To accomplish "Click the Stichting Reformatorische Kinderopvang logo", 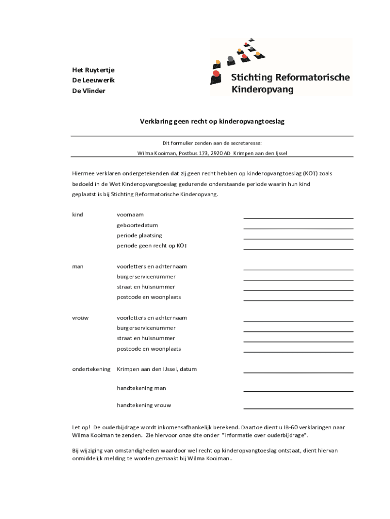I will point(281,67).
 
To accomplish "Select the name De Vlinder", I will point(89,91).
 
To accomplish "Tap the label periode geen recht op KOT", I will point(152,246).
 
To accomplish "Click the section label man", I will point(77,267).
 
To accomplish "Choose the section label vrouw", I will point(80,318).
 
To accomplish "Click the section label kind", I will point(77,215).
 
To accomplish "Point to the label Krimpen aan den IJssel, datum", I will point(157,369).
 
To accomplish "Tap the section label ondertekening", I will point(91,369).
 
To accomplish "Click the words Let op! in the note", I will point(81,427).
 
